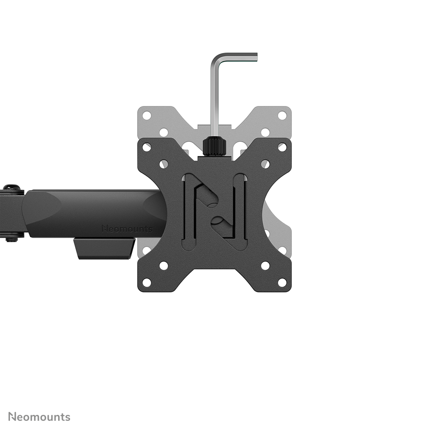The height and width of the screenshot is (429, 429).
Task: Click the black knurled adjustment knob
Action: pyautogui.click(x=214, y=147)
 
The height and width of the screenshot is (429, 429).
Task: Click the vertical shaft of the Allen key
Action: pyautogui.click(x=214, y=98)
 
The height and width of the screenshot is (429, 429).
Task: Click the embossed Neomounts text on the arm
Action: pyautogui.click(x=127, y=229)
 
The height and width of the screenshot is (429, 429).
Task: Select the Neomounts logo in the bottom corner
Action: pyautogui.click(x=39, y=417)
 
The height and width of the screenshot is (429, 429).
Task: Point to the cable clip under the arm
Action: pyautogui.click(x=104, y=248)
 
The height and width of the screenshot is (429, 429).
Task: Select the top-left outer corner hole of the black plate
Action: pyautogui.click(x=147, y=147)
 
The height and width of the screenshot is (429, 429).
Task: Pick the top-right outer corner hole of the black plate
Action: pyautogui.click(x=282, y=147)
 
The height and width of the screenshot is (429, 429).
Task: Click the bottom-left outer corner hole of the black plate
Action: pyautogui.click(x=147, y=282)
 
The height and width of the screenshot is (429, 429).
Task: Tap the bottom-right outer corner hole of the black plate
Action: pyautogui.click(x=282, y=282)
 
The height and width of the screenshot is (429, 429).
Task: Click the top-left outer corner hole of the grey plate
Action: pyautogui.click(x=147, y=115)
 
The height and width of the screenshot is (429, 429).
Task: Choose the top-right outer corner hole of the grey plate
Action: pyautogui.click(x=282, y=115)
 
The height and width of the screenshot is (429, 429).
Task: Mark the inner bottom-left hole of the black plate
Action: pyautogui.click(x=164, y=265)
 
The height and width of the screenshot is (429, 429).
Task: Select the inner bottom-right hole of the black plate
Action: pyautogui.click(x=265, y=265)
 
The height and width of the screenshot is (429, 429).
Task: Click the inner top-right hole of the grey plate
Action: pyautogui.click(x=265, y=132)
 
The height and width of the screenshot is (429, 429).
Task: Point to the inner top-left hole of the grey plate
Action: pyautogui.click(x=164, y=132)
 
